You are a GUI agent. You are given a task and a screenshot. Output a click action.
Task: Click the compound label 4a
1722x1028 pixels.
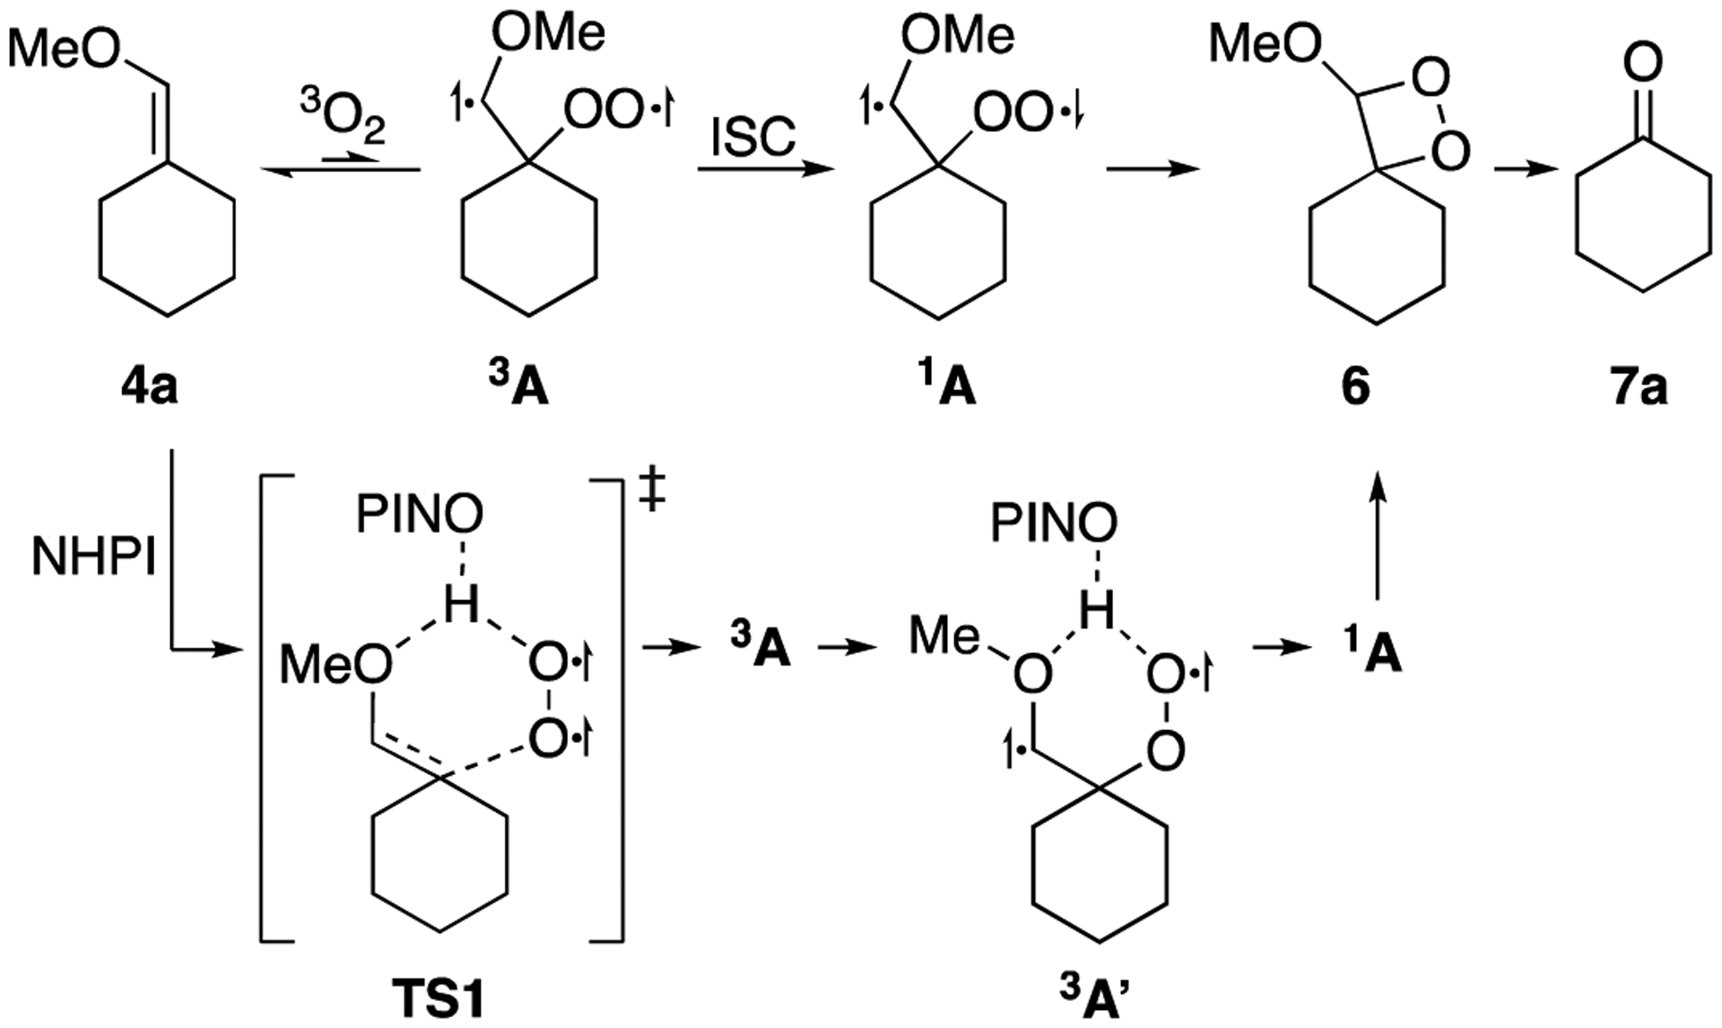click(x=150, y=388)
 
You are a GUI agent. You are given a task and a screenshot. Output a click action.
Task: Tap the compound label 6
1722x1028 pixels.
click(x=1355, y=388)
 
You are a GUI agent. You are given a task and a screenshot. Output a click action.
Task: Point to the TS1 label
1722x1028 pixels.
click(x=439, y=998)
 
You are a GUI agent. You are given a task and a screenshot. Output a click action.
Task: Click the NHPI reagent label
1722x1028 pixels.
click(x=94, y=559)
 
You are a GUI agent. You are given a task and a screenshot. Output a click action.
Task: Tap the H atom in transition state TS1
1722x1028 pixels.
click(x=461, y=605)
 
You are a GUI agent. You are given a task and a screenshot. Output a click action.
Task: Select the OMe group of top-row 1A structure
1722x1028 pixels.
click(x=957, y=35)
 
